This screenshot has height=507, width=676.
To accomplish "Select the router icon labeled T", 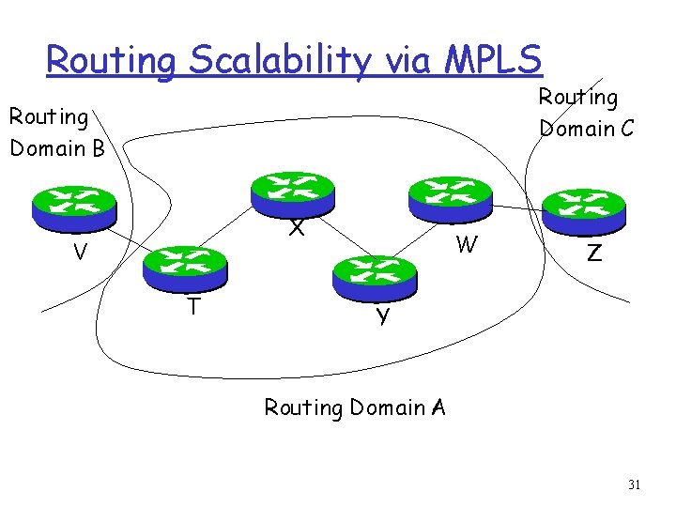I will point(185,267).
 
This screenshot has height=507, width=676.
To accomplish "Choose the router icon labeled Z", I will point(583,210).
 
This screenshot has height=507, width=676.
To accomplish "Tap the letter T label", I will point(192,308).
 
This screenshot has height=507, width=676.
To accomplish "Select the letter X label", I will point(297,228).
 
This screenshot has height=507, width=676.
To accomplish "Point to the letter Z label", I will point(593,253).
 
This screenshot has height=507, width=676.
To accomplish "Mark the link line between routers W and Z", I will point(518,207).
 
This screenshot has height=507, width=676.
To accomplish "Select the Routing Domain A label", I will point(355,407).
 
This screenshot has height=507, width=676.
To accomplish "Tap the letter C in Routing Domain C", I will point(623,128).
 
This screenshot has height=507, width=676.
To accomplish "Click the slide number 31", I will point(634,485).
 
